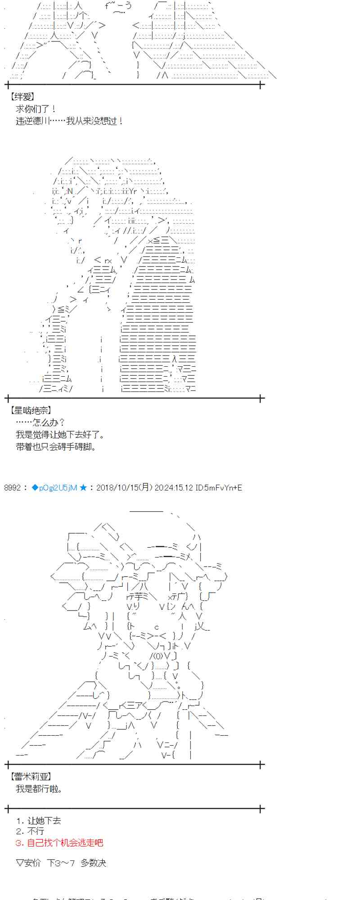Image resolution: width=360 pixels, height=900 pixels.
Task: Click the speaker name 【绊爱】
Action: [22, 97]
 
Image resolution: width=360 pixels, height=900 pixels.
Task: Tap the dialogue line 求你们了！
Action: [36, 109]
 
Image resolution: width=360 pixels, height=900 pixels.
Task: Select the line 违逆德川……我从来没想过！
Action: [69, 121]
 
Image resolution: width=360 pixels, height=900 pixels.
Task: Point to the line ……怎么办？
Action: [40, 423]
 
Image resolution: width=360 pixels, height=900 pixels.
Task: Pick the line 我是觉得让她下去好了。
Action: [60, 435]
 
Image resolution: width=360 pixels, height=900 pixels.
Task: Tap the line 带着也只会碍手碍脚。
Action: [56, 447]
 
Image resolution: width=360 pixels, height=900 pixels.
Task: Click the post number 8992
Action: [12, 487]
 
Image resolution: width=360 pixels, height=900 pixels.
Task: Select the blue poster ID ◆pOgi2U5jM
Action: [54, 487]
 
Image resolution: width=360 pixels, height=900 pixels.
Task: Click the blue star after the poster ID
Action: [83, 487]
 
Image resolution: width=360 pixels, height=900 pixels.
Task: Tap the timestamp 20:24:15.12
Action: [174, 487]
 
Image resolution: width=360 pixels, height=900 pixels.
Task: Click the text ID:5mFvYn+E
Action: [219, 487]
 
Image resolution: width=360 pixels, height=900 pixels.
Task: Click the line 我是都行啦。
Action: [39, 788]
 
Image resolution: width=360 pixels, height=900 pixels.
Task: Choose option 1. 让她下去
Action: [38, 820]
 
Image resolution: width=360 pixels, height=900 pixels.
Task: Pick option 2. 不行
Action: [30, 831]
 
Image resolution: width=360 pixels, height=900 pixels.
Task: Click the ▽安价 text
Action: [28, 863]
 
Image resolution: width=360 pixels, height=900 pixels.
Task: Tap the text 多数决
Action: [94, 863]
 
